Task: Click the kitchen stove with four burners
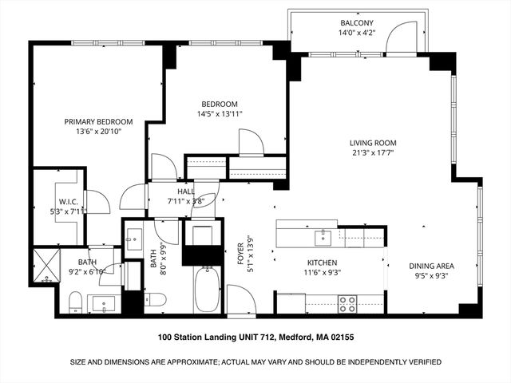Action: [347, 303]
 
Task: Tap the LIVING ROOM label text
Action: [373, 144]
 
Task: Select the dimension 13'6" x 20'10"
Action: [98, 132]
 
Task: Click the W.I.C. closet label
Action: [67, 202]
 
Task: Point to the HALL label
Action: [186, 191]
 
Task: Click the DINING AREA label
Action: [431, 267]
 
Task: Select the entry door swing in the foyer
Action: [240, 299]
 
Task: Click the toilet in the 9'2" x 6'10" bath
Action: [74, 301]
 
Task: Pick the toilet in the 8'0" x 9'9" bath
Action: [156, 300]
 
